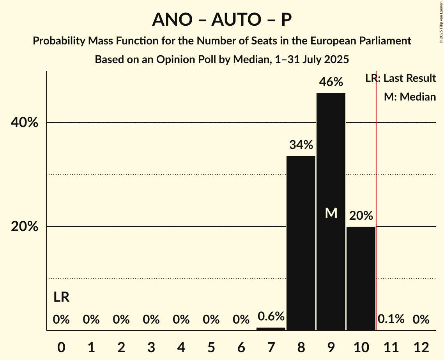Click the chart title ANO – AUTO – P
click(222, 19)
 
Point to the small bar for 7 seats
click(271, 329)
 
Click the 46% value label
click(331, 82)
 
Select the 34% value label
click(301, 145)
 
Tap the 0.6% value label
click(271, 316)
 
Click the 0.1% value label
click(391, 319)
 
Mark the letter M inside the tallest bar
click(331, 213)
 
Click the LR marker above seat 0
click(61, 298)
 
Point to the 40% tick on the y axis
click(25, 123)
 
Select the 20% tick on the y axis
click(25, 227)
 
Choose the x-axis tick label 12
click(421, 347)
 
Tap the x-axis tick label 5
click(211, 347)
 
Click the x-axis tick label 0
click(61, 347)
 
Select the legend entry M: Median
click(410, 97)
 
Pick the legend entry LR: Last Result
click(400, 78)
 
